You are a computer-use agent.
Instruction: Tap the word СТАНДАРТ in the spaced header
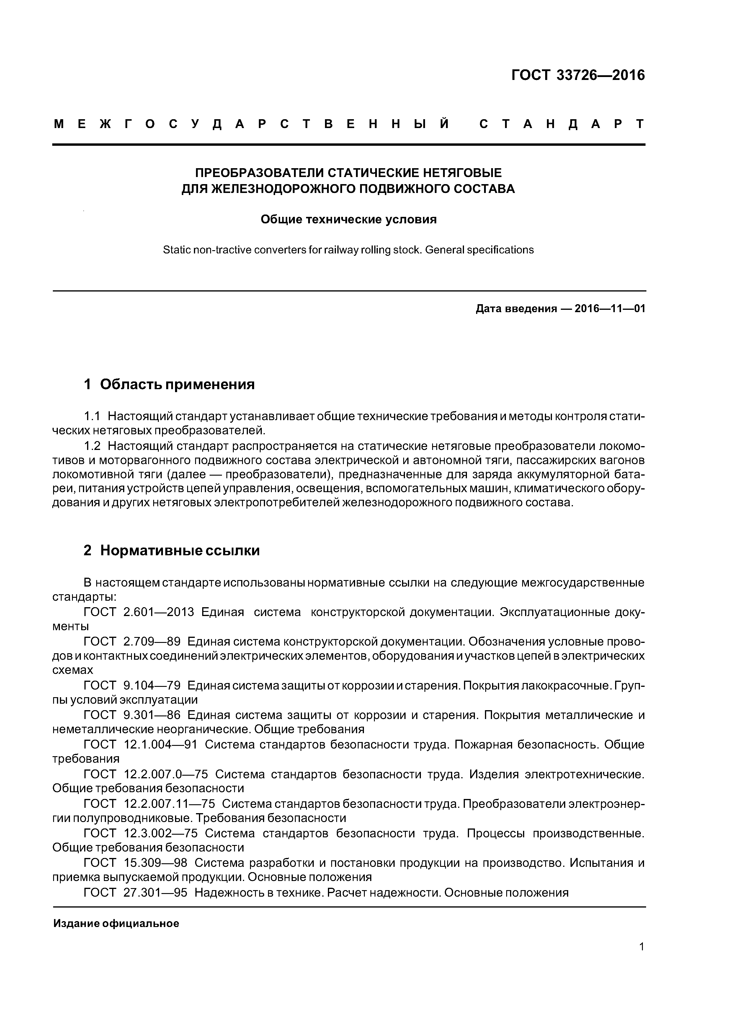[562, 124]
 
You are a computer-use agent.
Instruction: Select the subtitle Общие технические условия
[349, 220]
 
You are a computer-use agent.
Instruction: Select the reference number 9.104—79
[151, 686]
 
